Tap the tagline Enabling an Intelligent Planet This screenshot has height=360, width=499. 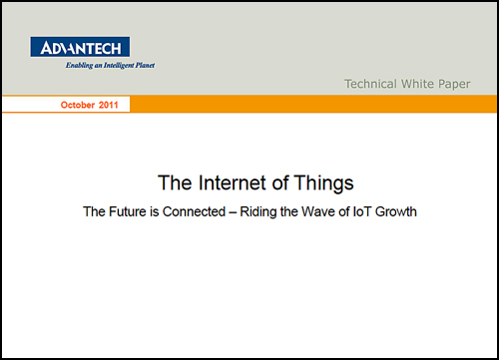(110, 65)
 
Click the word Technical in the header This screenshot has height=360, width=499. (373, 84)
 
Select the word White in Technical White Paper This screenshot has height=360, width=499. (424, 84)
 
